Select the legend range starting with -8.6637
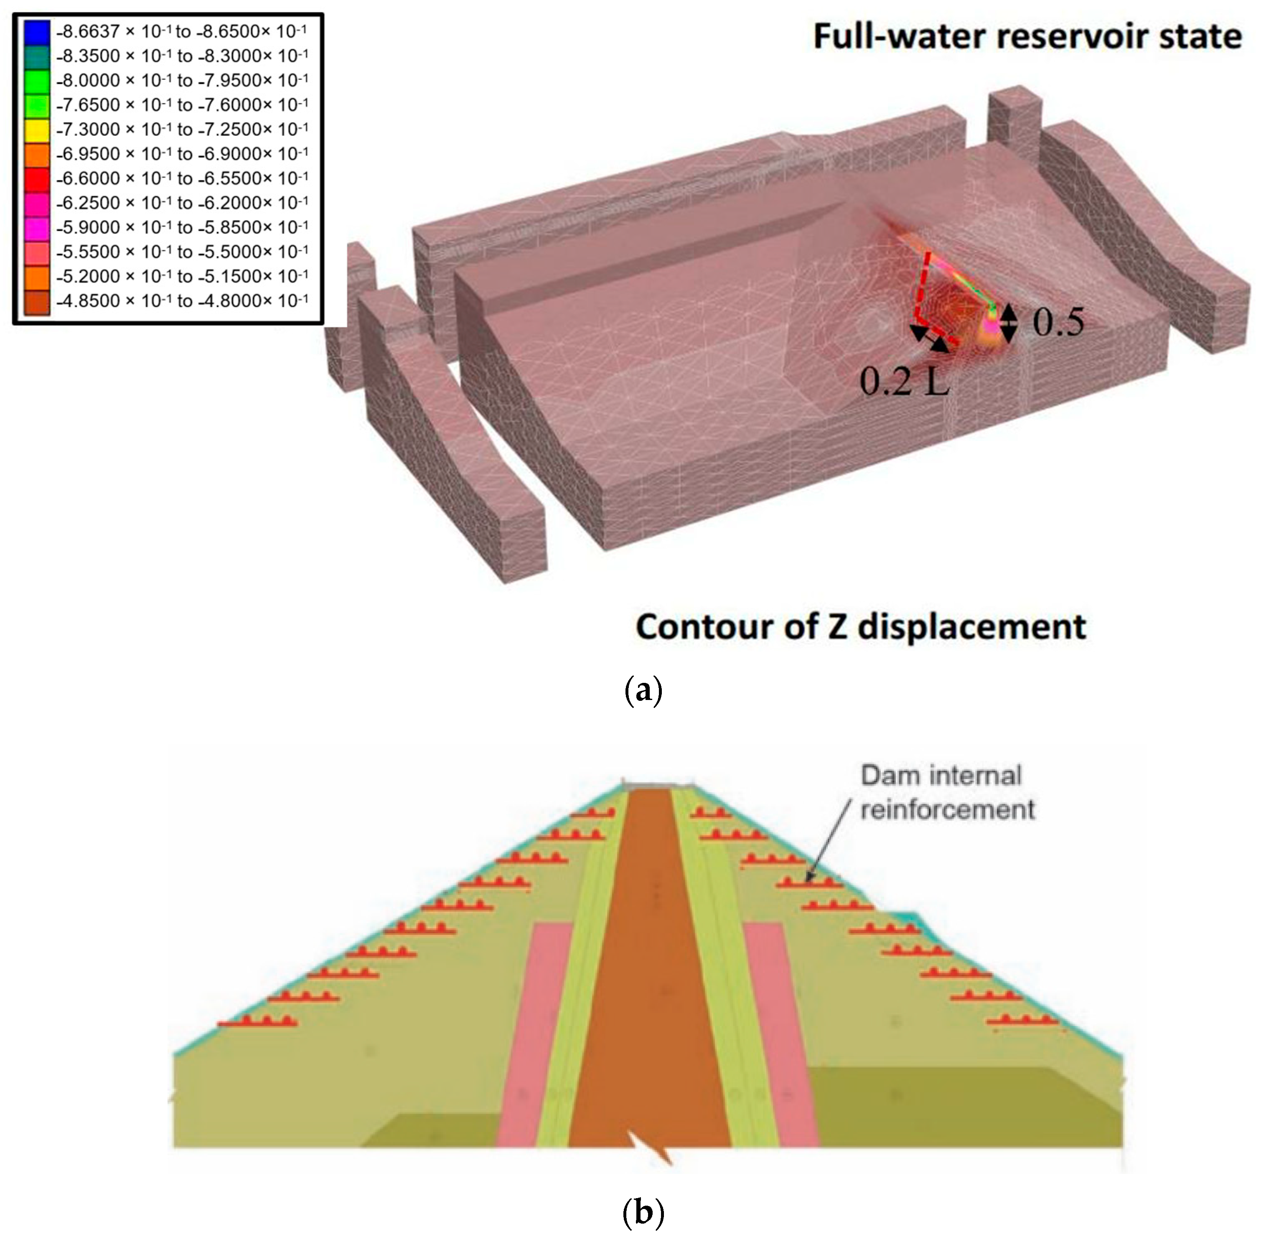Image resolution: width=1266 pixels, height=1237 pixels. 182,31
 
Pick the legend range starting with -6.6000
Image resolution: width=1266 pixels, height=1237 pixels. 182,178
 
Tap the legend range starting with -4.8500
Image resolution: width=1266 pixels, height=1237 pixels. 182,301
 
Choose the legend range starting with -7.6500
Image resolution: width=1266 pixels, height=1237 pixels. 182,104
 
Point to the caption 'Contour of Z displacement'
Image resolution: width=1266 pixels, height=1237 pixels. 861,627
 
